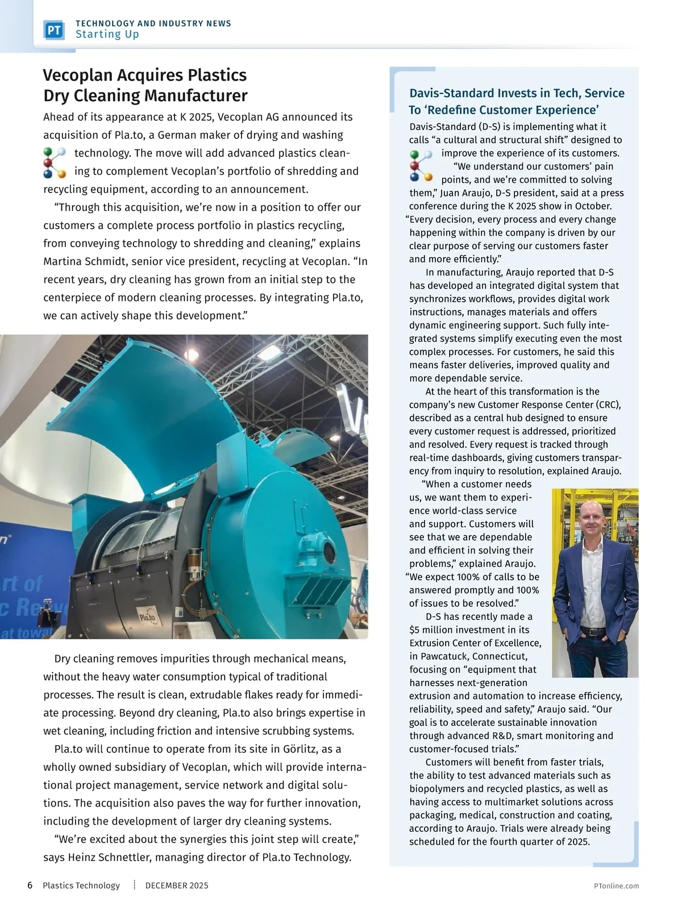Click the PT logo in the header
(x=54, y=30)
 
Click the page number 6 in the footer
(x=30, y=886)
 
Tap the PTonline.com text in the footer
(x=616, y=886)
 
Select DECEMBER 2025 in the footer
(x=177, y=886)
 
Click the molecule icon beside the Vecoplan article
(x=55, y=163)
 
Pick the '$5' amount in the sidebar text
(x=415, y=630)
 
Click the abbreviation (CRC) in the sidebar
(x=609, y=405)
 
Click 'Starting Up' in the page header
(x=107, y=34)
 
